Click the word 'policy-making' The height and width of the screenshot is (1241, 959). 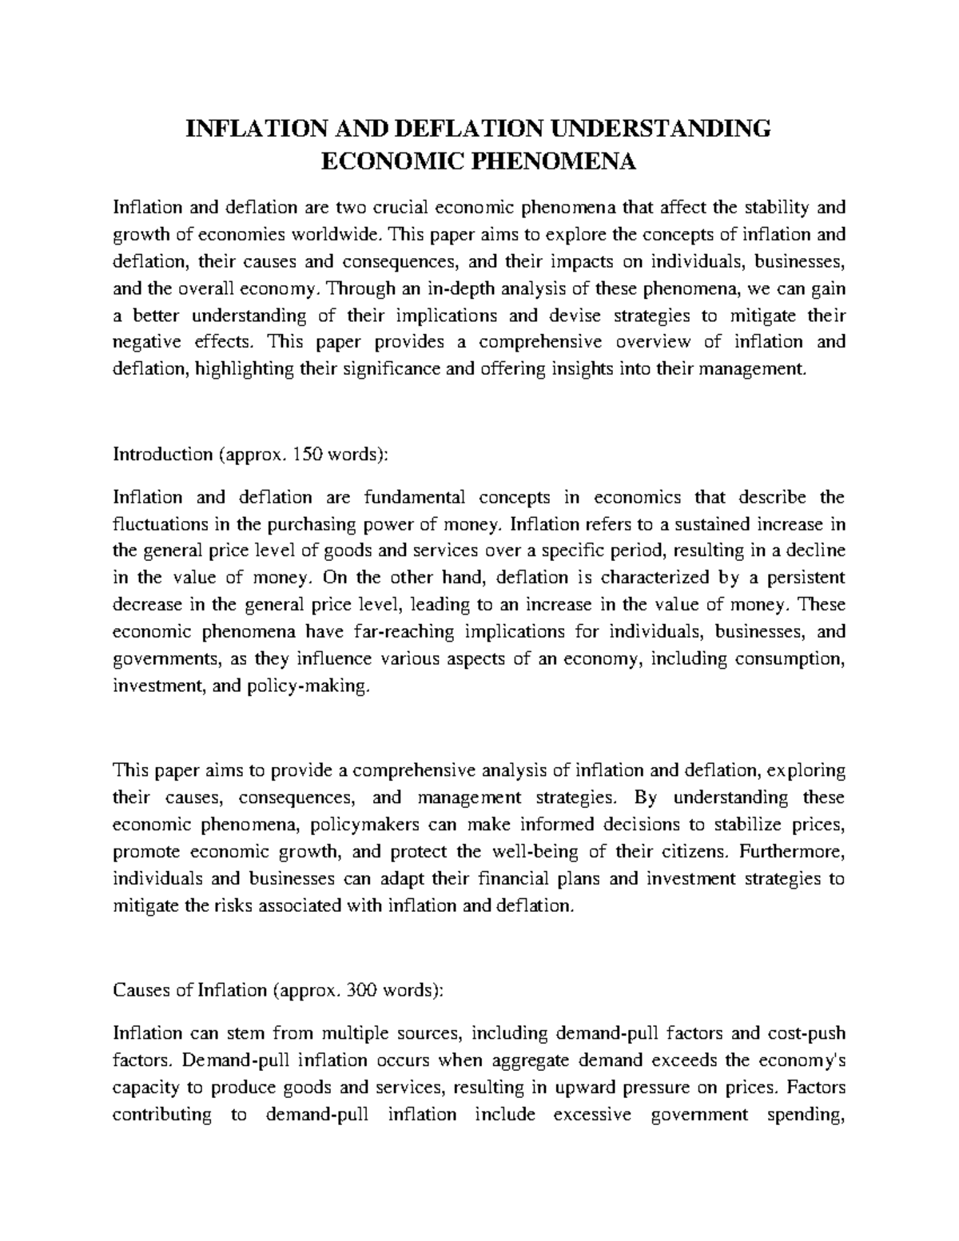tap(318, 686)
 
